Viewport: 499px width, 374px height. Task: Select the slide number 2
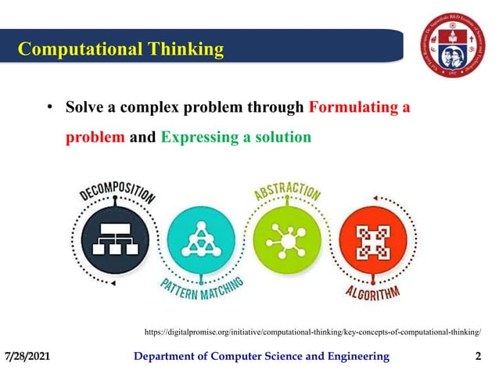click(x=478, y=357)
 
